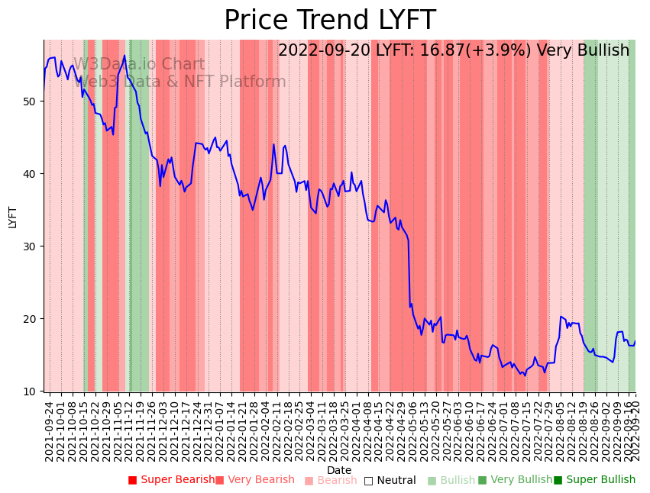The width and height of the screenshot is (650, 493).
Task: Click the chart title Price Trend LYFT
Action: pos(329,20)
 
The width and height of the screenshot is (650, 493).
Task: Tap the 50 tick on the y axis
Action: pos(34,101)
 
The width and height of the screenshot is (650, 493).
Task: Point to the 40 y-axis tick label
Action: pos(34,173)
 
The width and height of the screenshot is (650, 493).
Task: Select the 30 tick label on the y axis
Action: pos(34,246)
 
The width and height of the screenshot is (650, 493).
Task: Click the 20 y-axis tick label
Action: pos(34,318)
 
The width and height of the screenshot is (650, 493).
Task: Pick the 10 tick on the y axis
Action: pos(34,391)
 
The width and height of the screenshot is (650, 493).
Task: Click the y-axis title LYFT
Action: pos(12,216)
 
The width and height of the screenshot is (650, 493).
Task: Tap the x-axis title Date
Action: pos(339,470)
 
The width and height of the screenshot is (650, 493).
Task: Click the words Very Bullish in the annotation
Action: pos(583,51)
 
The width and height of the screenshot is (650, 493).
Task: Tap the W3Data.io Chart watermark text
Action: pos(139,65)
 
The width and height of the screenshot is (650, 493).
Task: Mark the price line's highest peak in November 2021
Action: pos(125,56)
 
